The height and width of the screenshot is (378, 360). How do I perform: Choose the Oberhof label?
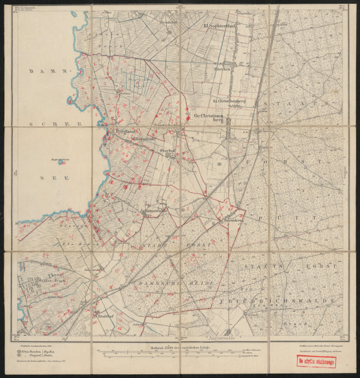167,150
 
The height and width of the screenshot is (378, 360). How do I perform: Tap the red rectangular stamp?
316,362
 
